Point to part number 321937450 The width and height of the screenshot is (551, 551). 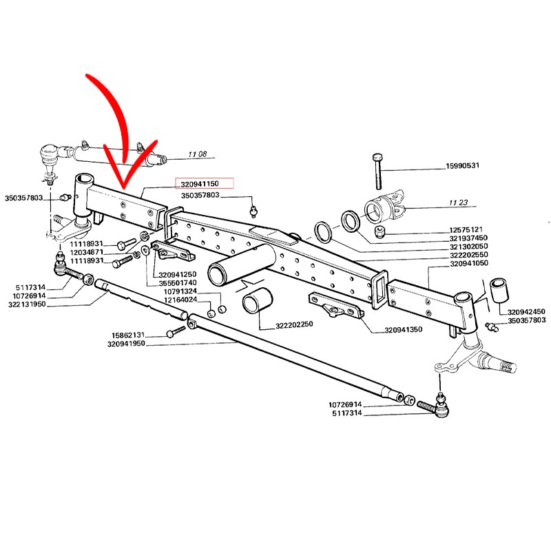[x=468, y=238]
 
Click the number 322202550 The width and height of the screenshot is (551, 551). [x=468, y=256]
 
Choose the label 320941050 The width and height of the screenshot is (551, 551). [x=468, y=264]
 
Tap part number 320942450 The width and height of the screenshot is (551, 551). [x=526, y=311]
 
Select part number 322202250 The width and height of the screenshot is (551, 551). [x=294, y=325]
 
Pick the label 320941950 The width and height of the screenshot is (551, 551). [x=126, y=343]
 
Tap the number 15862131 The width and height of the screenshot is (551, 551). [x=130, y=335]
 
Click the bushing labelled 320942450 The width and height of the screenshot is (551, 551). [x=497, y=291]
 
